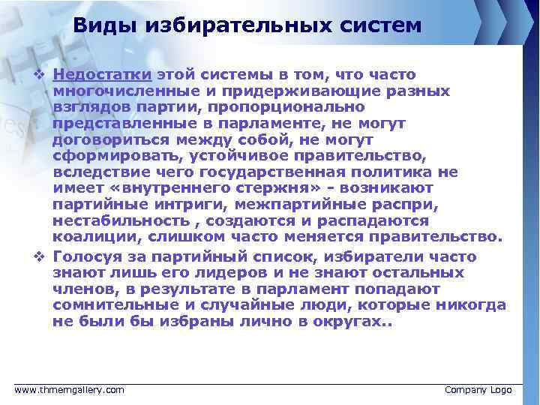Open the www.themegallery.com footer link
click(70, 390)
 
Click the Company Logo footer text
click(478, 390)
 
